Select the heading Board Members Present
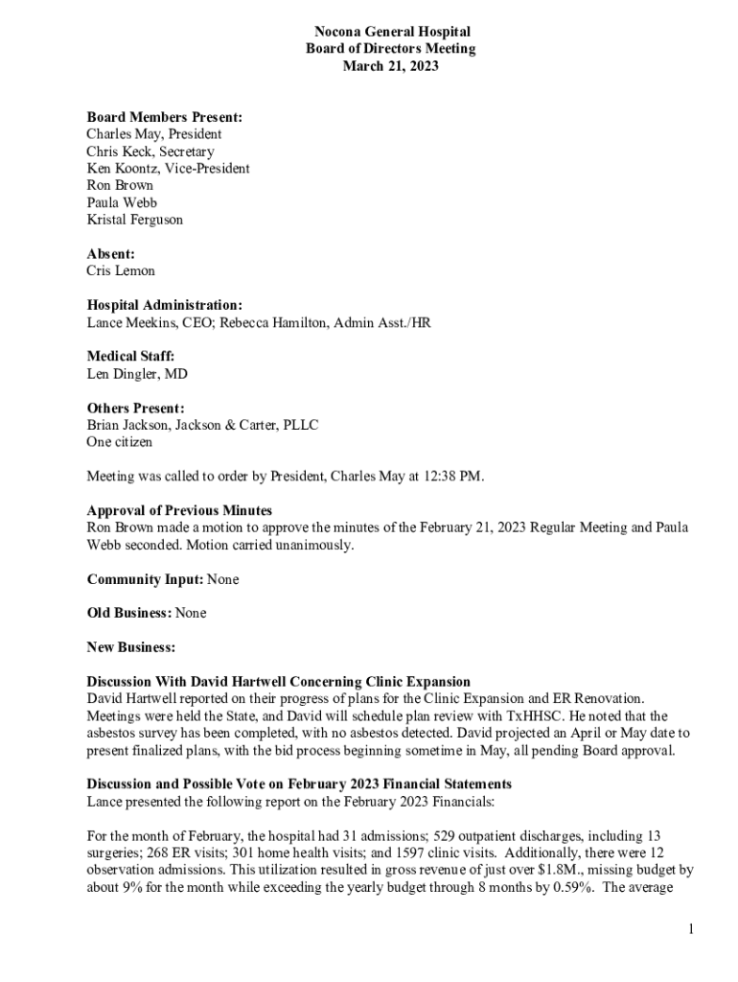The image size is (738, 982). click(164, 117)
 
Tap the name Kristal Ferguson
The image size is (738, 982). click(134, 220)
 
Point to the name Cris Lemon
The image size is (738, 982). click(120, 270)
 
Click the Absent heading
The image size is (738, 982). click(110, 253)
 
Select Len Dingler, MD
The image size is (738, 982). click(136, 373)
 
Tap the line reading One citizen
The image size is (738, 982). click(119, 442)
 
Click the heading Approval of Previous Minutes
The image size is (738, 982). click(179, 510)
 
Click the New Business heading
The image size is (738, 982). click(130, 647)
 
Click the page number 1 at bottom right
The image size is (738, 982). click(689, 928)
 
